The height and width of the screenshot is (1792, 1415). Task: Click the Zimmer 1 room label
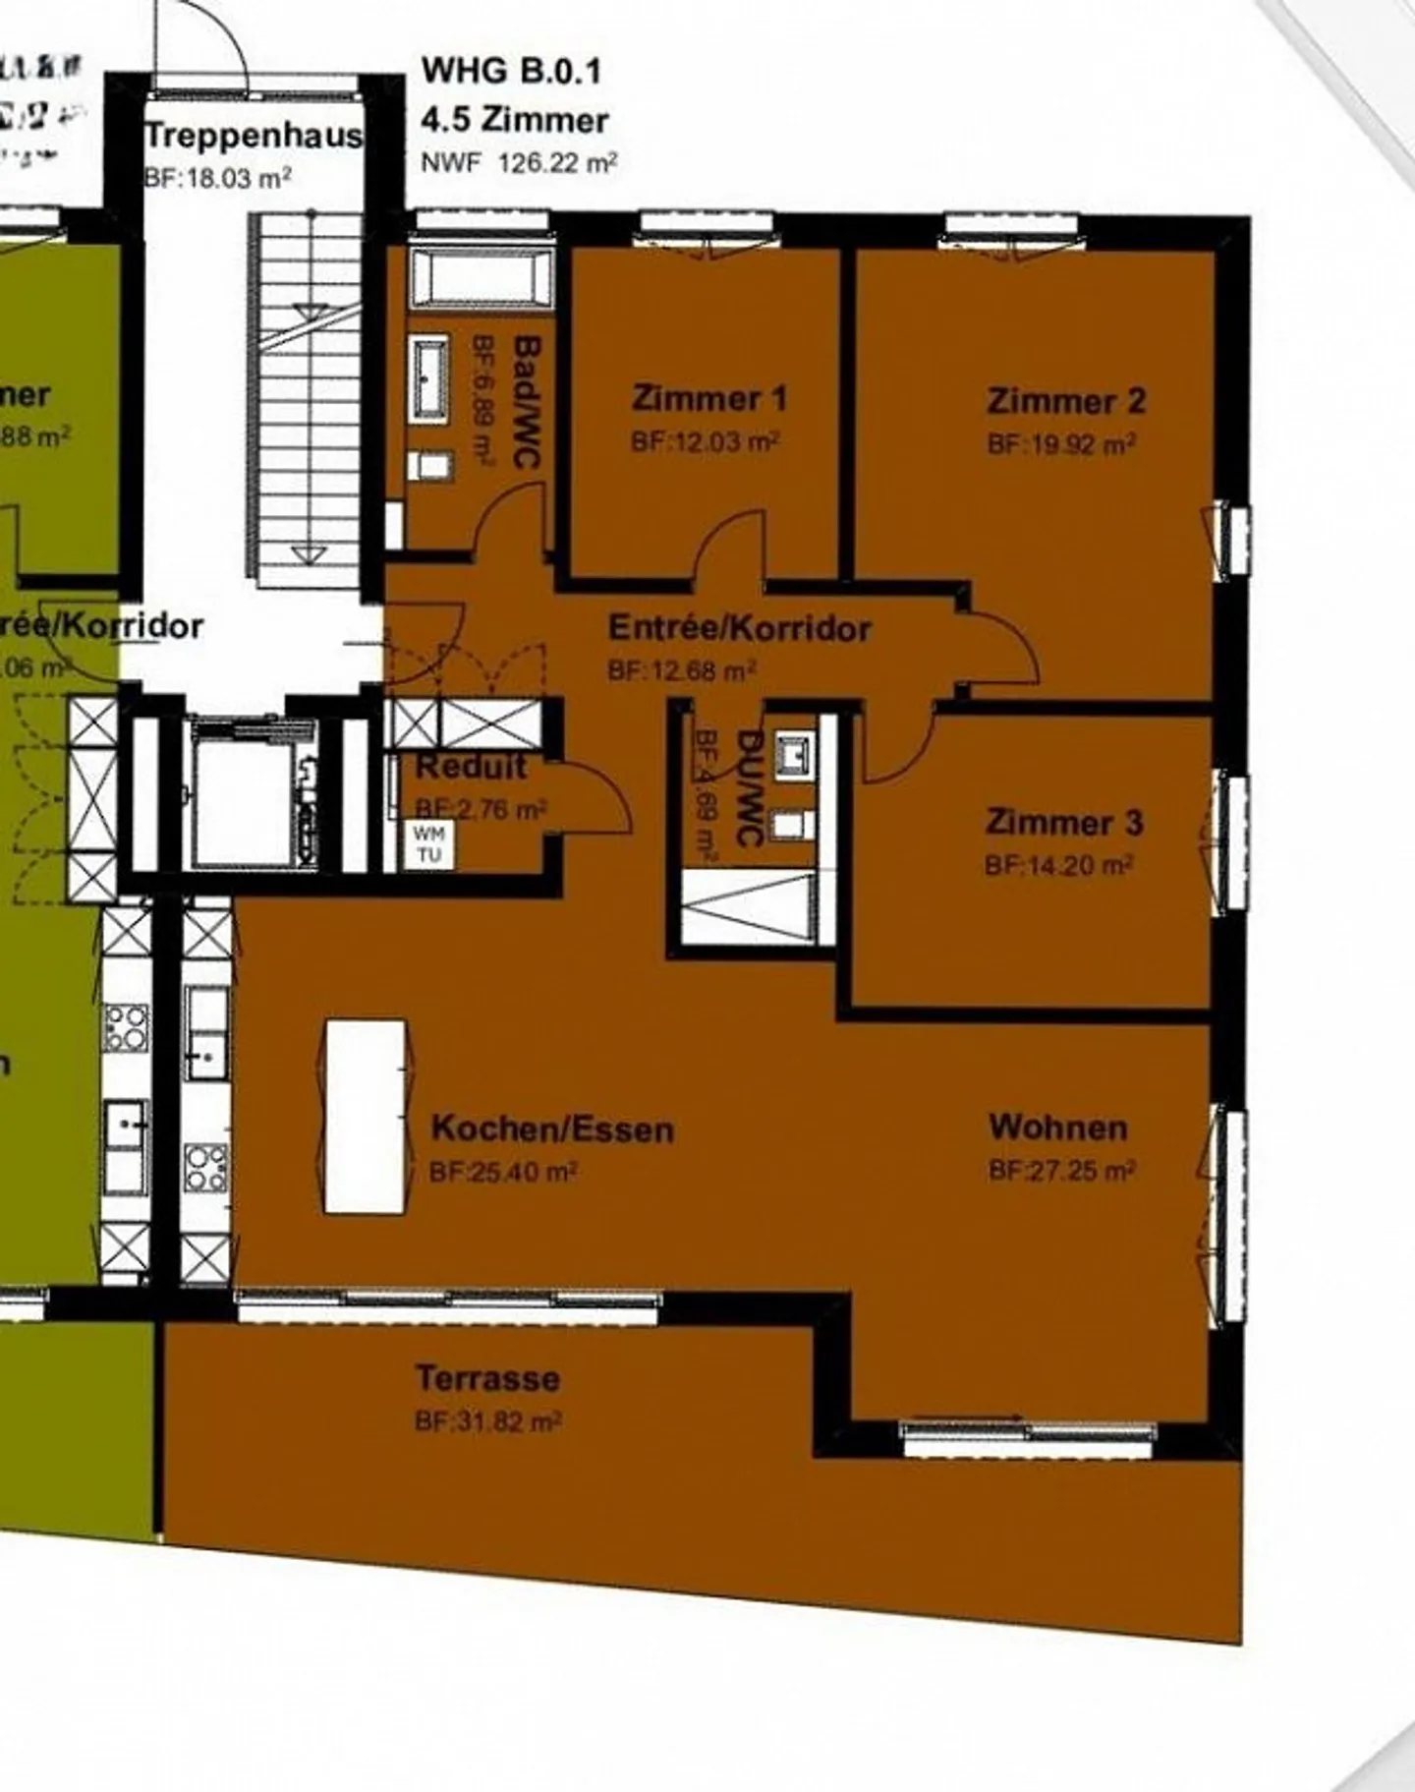click(708, 399)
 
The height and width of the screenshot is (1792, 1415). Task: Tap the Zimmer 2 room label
click(1066, 401)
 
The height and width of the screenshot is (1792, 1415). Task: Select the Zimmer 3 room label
click(1064, 822)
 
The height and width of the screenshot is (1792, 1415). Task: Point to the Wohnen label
click(1057, 1127)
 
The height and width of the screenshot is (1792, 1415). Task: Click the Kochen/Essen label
click(552, 1128)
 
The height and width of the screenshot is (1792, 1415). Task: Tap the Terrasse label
click(487, 1378)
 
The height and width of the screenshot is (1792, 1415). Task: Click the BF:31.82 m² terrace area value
click(487, 1421)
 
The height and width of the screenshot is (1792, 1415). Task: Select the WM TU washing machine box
click(429, 844)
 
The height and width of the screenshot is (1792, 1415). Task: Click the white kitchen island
click(366, 1117)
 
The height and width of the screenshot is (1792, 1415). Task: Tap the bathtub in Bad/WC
click(481, 278)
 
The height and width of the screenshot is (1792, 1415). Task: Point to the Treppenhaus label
click(253, 136)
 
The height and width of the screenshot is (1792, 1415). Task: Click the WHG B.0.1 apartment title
click(511, 71)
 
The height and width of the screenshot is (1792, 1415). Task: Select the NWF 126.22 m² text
click(519, 162)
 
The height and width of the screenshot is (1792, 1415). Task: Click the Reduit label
click(472, 766)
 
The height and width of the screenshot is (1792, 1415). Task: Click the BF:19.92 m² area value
click(1061, 444)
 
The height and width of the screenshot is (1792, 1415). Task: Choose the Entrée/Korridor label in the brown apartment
click(739, 628)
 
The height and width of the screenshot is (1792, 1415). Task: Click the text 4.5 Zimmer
click(515, 120)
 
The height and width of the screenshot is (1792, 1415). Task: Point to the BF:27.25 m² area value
click(1062, 1171)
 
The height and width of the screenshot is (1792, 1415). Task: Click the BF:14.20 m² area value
click(1058, 865)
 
